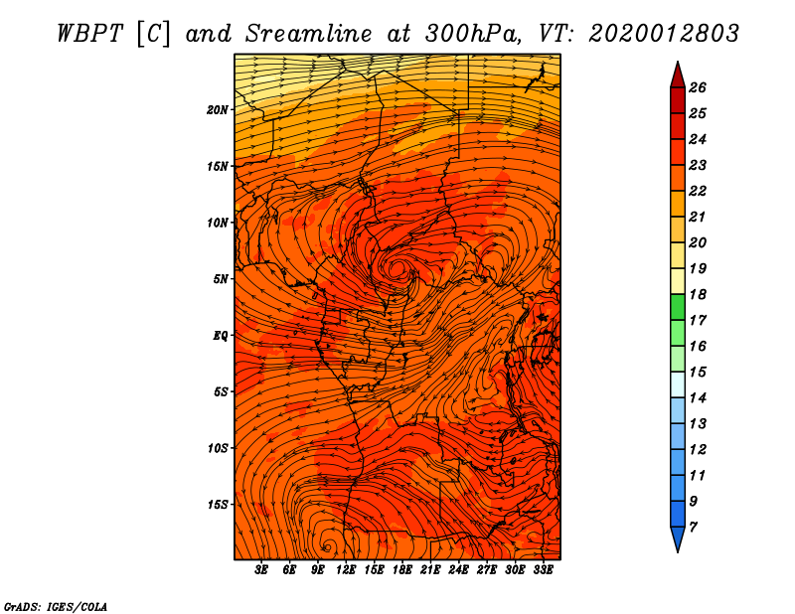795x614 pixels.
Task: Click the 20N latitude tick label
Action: click(x=218, y=110)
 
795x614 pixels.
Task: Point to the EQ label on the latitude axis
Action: click(x=221, y=336)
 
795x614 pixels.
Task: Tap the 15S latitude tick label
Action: click(x=218, y=505)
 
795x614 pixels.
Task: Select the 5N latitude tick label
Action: click(x=221, y=279)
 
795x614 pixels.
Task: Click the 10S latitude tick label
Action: click(x=218, y=448)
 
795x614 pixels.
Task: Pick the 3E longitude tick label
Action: click(x=261, y=570)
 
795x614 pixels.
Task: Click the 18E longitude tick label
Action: click(x=402, y=570)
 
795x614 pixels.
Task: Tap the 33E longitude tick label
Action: click(x=543, y=570)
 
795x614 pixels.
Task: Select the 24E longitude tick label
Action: click(x=458, y=570)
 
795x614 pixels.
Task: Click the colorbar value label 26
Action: click(x=698, y=87)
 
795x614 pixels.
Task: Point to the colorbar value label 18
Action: click(x=698, y=294)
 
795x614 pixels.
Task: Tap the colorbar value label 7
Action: click(x=694, y=528)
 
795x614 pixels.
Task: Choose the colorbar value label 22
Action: click(x=698, y=191)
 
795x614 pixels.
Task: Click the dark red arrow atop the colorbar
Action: click(x=678, y=75)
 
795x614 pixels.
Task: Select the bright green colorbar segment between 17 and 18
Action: click(x=678, y=307)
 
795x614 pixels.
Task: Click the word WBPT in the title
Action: click(x=89, y=34)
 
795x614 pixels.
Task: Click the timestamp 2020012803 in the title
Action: click(x=664, y=34)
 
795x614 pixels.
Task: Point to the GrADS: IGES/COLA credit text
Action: click(x=56, y=607)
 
